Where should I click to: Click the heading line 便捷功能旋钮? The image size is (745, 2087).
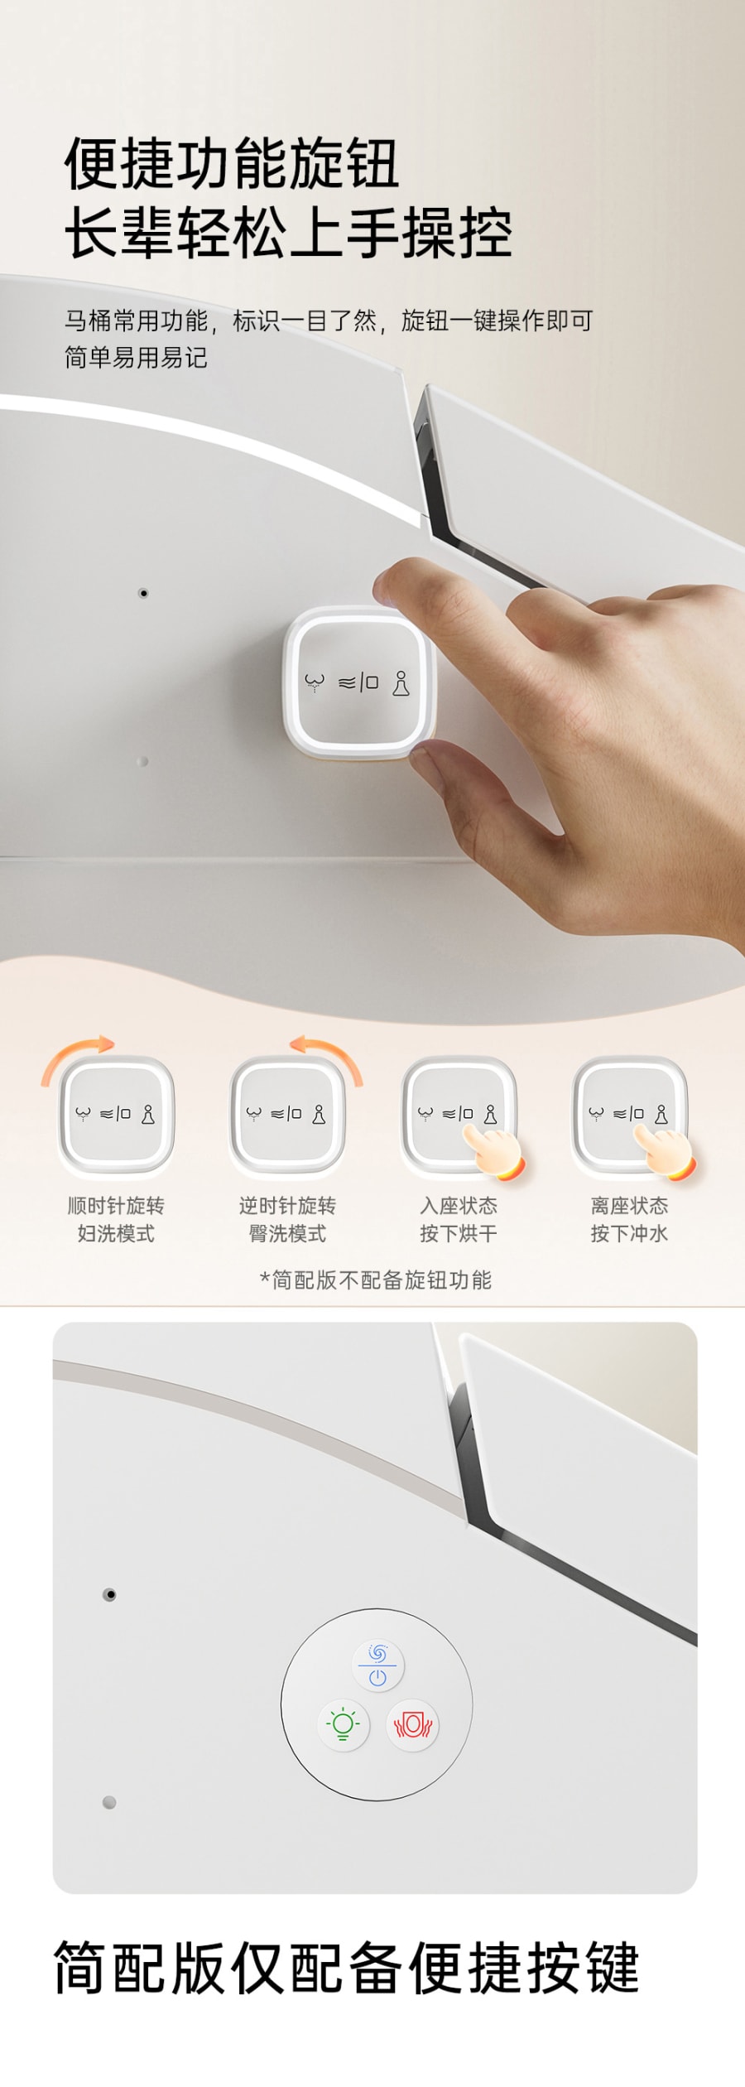point(233,163)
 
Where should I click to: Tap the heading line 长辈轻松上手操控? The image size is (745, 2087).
point(288,233)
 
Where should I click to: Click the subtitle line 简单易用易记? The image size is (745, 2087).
point(136,358)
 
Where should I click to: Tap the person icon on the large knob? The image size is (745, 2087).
point(401,683)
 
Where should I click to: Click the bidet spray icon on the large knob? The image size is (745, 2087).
point(314,683)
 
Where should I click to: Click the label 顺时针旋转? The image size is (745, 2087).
point(116,1206)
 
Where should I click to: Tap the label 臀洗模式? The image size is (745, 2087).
point(287,1234)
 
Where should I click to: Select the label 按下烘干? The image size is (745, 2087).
point(459,1234)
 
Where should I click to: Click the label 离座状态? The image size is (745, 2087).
point(629,1206)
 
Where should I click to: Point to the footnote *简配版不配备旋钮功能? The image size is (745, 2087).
point(375,1280)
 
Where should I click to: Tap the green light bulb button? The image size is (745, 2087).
point(343,1725)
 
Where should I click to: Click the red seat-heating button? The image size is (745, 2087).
point(413,1725)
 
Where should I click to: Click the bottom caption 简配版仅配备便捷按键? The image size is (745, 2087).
point(347,1968)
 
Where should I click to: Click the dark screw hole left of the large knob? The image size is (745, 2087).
point(143,593)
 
